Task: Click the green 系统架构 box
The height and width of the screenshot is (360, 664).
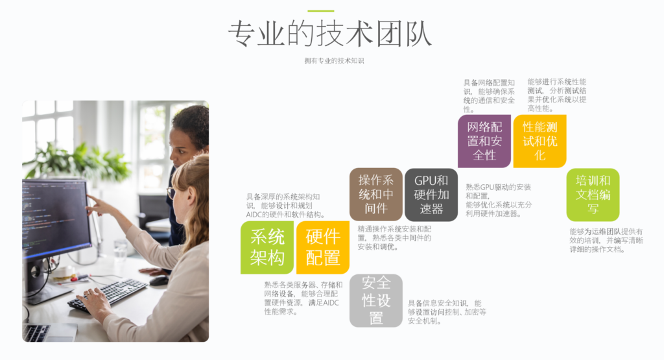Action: pos(267,247)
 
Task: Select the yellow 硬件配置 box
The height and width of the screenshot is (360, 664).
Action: pos(323,247)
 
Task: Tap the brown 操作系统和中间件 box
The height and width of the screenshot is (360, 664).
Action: pos(376,195)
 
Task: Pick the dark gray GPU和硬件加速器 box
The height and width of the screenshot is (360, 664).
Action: pos(431,195)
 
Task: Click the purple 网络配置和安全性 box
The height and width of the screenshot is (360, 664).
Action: pos(484,141)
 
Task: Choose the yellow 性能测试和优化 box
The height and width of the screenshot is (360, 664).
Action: pos(540,141)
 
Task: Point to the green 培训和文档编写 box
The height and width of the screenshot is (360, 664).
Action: pos(593,195)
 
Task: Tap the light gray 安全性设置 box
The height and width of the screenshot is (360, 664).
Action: pos(376,301)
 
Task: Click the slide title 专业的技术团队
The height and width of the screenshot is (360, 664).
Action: pos(330,34)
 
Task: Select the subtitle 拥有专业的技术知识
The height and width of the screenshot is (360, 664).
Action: pos(334,60)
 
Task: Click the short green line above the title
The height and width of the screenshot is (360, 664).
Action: pos(320,10)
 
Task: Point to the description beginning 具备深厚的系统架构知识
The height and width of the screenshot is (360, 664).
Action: pos(285,206)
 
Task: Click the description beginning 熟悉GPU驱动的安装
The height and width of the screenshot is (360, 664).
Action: pos(499,200)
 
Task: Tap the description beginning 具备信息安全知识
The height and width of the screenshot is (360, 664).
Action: pos(447,312)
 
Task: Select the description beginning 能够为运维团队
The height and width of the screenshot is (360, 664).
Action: pos(606,241)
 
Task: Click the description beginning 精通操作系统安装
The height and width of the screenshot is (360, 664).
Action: pos(394,238)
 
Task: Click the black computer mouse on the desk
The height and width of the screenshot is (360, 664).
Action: pos(160,280)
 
